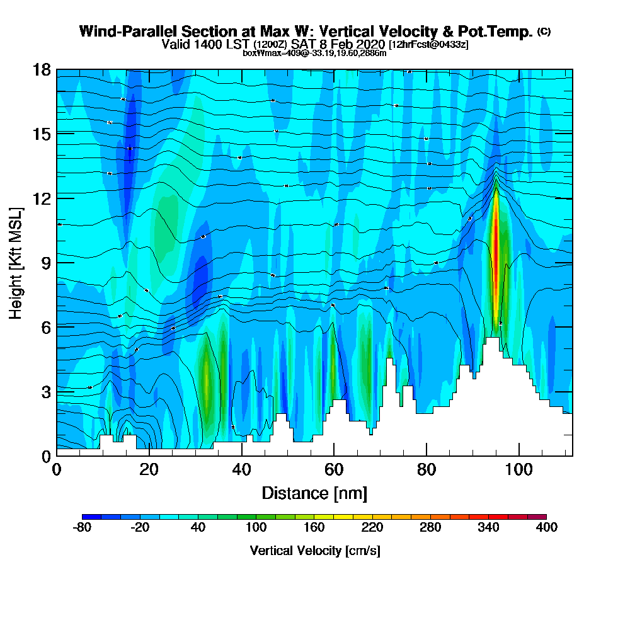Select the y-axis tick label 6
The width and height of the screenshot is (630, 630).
point(45,326)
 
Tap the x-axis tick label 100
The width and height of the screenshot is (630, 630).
point(518,470)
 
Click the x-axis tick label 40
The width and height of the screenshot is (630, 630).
point(241,470)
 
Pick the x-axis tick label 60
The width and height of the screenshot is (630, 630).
point(334,470)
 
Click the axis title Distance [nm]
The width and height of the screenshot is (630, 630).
point(314,493)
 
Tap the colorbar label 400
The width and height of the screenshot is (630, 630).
point(546,528)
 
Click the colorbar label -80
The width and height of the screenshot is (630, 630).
point(83,528)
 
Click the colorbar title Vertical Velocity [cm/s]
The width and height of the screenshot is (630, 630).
point(314,551)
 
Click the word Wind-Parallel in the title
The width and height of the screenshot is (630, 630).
point(123,31)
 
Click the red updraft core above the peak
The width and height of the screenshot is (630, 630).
point(496,246)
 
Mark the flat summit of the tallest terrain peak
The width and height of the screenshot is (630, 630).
point(492,340)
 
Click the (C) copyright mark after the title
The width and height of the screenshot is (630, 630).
point(544,31)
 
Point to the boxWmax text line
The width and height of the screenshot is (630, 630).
point(314,53)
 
